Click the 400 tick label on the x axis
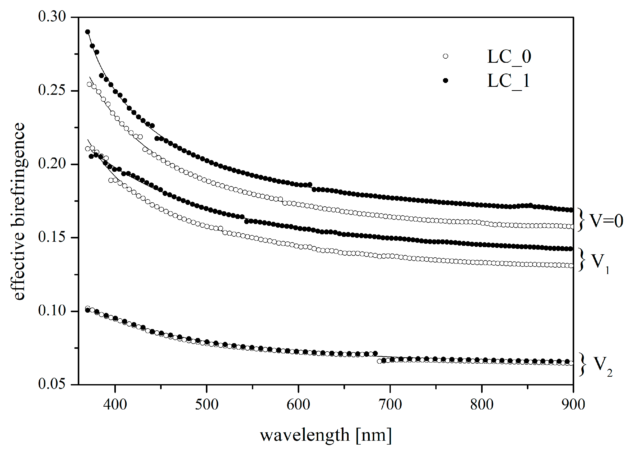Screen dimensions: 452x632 tap(115, 404)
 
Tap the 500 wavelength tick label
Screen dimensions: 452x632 tap(206, 404)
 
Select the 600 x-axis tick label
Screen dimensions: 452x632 tap(298, 404)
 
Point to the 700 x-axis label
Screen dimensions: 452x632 tap(390, 404)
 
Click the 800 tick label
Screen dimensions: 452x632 tap(482, 404)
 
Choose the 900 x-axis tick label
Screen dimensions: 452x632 tap(573, 404)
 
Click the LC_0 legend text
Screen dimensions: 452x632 tap(509, 57)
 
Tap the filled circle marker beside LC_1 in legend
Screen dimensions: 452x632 tap(446, 80)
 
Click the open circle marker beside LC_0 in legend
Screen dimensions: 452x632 tap(446, 56)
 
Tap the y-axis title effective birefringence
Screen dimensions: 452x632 tap(19, 212)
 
